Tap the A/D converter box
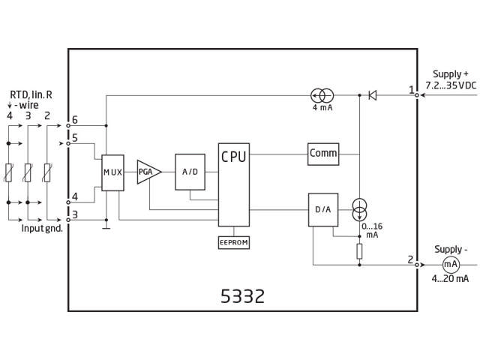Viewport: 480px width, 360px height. click(x=189, y=172)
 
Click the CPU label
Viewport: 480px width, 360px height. click(x=232, y=156)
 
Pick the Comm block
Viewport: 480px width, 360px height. click(x=323, y=154)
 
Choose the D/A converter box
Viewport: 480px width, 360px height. click(x=322, y=209)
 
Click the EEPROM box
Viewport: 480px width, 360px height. click(x=233, y=243)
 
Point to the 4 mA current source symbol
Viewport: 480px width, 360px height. click(x=322, y=95)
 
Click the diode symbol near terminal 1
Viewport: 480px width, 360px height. click(x=372, y=95)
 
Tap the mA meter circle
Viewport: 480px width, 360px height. click(x=451, y=264)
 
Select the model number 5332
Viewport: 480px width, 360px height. click(x=242, y=296)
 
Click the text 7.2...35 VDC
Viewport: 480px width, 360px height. click(x=450, y=86)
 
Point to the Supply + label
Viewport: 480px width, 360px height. click(x=450, y=74)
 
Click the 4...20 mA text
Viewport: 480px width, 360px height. click(x=450, y=279)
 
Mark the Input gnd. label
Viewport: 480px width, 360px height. click(x=41, y=228)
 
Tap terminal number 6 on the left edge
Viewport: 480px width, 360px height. click(x=75, y=119)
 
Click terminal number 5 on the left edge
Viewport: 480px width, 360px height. click(x=75, y=137)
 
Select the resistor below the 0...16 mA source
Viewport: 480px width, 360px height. click(x=359, y=250)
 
